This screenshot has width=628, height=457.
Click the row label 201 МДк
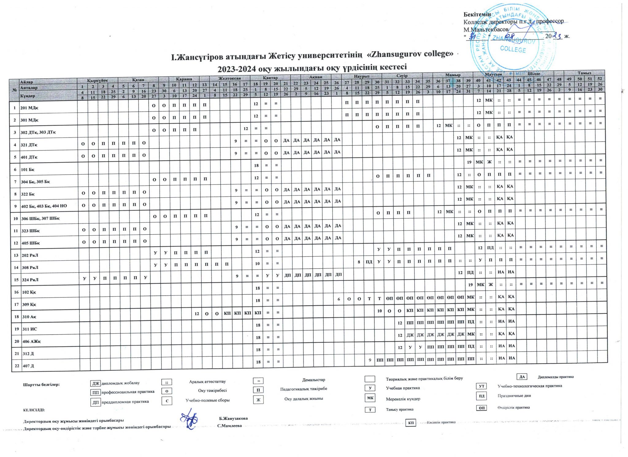[29, 108]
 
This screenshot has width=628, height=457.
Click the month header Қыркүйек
[98, 80]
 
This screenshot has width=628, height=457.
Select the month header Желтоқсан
[229, 78]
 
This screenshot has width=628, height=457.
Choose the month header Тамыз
[584, 73]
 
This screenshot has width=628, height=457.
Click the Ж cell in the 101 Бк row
[489, 162]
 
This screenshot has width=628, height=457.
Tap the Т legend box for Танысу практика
[370, 410]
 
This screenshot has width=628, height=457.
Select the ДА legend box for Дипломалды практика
[522, 377]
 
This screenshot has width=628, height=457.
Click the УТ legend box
[481, 386]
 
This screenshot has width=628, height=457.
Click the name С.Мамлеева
[229, 426]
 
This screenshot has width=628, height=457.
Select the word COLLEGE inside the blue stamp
[513, 49]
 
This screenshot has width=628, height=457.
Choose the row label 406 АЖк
[32, 341]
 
